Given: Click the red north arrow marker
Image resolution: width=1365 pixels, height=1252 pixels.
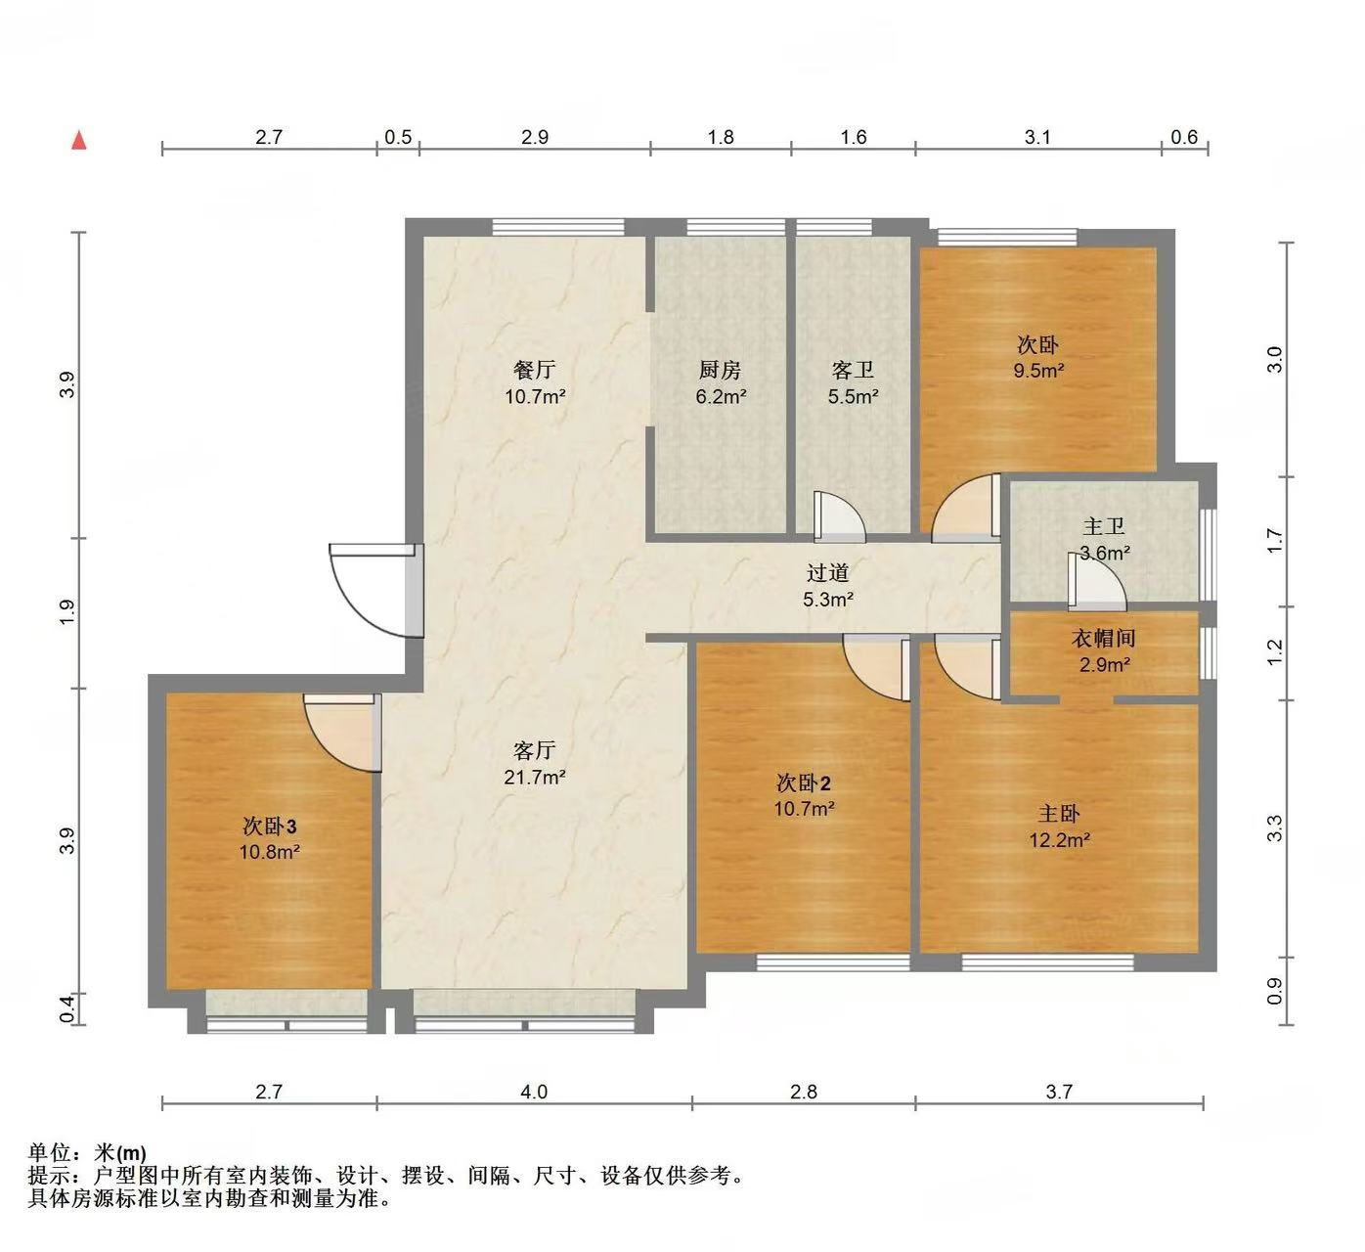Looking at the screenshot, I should (x=79, y=140).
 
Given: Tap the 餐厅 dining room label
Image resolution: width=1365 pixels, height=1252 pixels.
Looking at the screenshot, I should (x=534, y=370).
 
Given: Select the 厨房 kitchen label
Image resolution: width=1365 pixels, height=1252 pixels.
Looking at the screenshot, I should (x=720, y=370).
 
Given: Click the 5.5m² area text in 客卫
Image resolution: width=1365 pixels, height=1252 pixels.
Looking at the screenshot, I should (x=853, y=396).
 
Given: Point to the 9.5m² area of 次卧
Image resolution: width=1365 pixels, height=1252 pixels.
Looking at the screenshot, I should (x=1037, y=371).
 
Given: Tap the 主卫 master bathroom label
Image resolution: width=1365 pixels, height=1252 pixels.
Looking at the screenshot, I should (x=1104, y=527).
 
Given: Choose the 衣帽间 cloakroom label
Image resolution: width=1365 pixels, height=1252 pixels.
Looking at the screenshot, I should (x=1104, y=639).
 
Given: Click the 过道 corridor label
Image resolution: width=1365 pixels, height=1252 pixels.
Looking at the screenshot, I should (x=827, y=573).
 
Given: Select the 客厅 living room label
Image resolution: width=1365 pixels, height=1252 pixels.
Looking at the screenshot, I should (x=534, y=750).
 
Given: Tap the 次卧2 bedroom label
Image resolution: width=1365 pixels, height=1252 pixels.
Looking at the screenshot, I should (x=803, y=782).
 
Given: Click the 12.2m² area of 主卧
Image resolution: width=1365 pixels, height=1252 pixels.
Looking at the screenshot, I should (x=1059, y=839).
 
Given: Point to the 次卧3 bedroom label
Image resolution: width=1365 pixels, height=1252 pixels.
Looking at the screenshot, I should (x=269, y=826).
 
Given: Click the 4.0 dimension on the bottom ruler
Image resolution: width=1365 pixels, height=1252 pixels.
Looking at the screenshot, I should (x=534, y=1091).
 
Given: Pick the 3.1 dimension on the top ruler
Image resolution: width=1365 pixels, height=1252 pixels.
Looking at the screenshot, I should (x=1037, y=137).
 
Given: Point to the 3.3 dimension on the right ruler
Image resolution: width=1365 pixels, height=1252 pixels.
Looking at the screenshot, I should (x=1274, y=828).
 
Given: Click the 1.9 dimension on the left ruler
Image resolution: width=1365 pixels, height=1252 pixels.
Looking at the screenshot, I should (x=66, y=612).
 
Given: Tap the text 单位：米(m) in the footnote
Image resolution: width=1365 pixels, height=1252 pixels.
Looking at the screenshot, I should (x=87, y=1153).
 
